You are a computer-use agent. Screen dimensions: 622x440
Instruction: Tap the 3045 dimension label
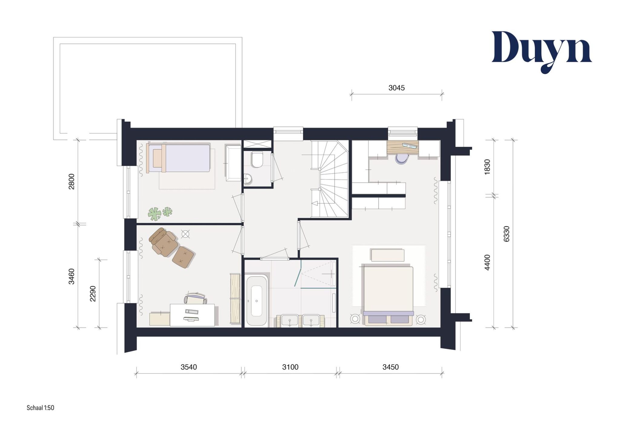tap(396, 88)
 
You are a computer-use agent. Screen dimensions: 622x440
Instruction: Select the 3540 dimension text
tap(188, 367)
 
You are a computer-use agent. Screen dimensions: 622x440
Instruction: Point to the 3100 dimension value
tap(290, 367)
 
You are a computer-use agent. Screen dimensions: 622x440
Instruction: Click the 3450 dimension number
tap(391, 367)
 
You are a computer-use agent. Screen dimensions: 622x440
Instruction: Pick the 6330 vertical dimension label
tap(506, 234)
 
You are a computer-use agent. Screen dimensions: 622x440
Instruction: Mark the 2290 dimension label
tap(93, 294)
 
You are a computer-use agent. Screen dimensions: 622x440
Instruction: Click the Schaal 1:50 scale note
tap(41, 408)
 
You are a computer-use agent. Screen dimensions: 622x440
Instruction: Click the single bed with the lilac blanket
tap(178, 158)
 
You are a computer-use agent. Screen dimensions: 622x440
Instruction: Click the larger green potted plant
tap(155, 214)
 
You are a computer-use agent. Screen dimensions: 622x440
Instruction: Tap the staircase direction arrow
tap(315, 203)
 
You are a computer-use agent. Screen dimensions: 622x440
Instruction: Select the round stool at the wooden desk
tap(402, 159)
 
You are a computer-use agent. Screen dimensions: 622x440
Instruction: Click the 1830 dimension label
tap(487, 167)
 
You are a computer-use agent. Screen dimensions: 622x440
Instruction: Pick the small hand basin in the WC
tap(248, 179)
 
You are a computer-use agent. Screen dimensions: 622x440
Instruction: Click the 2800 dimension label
tap(71, 182)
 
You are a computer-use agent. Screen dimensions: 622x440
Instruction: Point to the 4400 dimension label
tap(487, 262)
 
